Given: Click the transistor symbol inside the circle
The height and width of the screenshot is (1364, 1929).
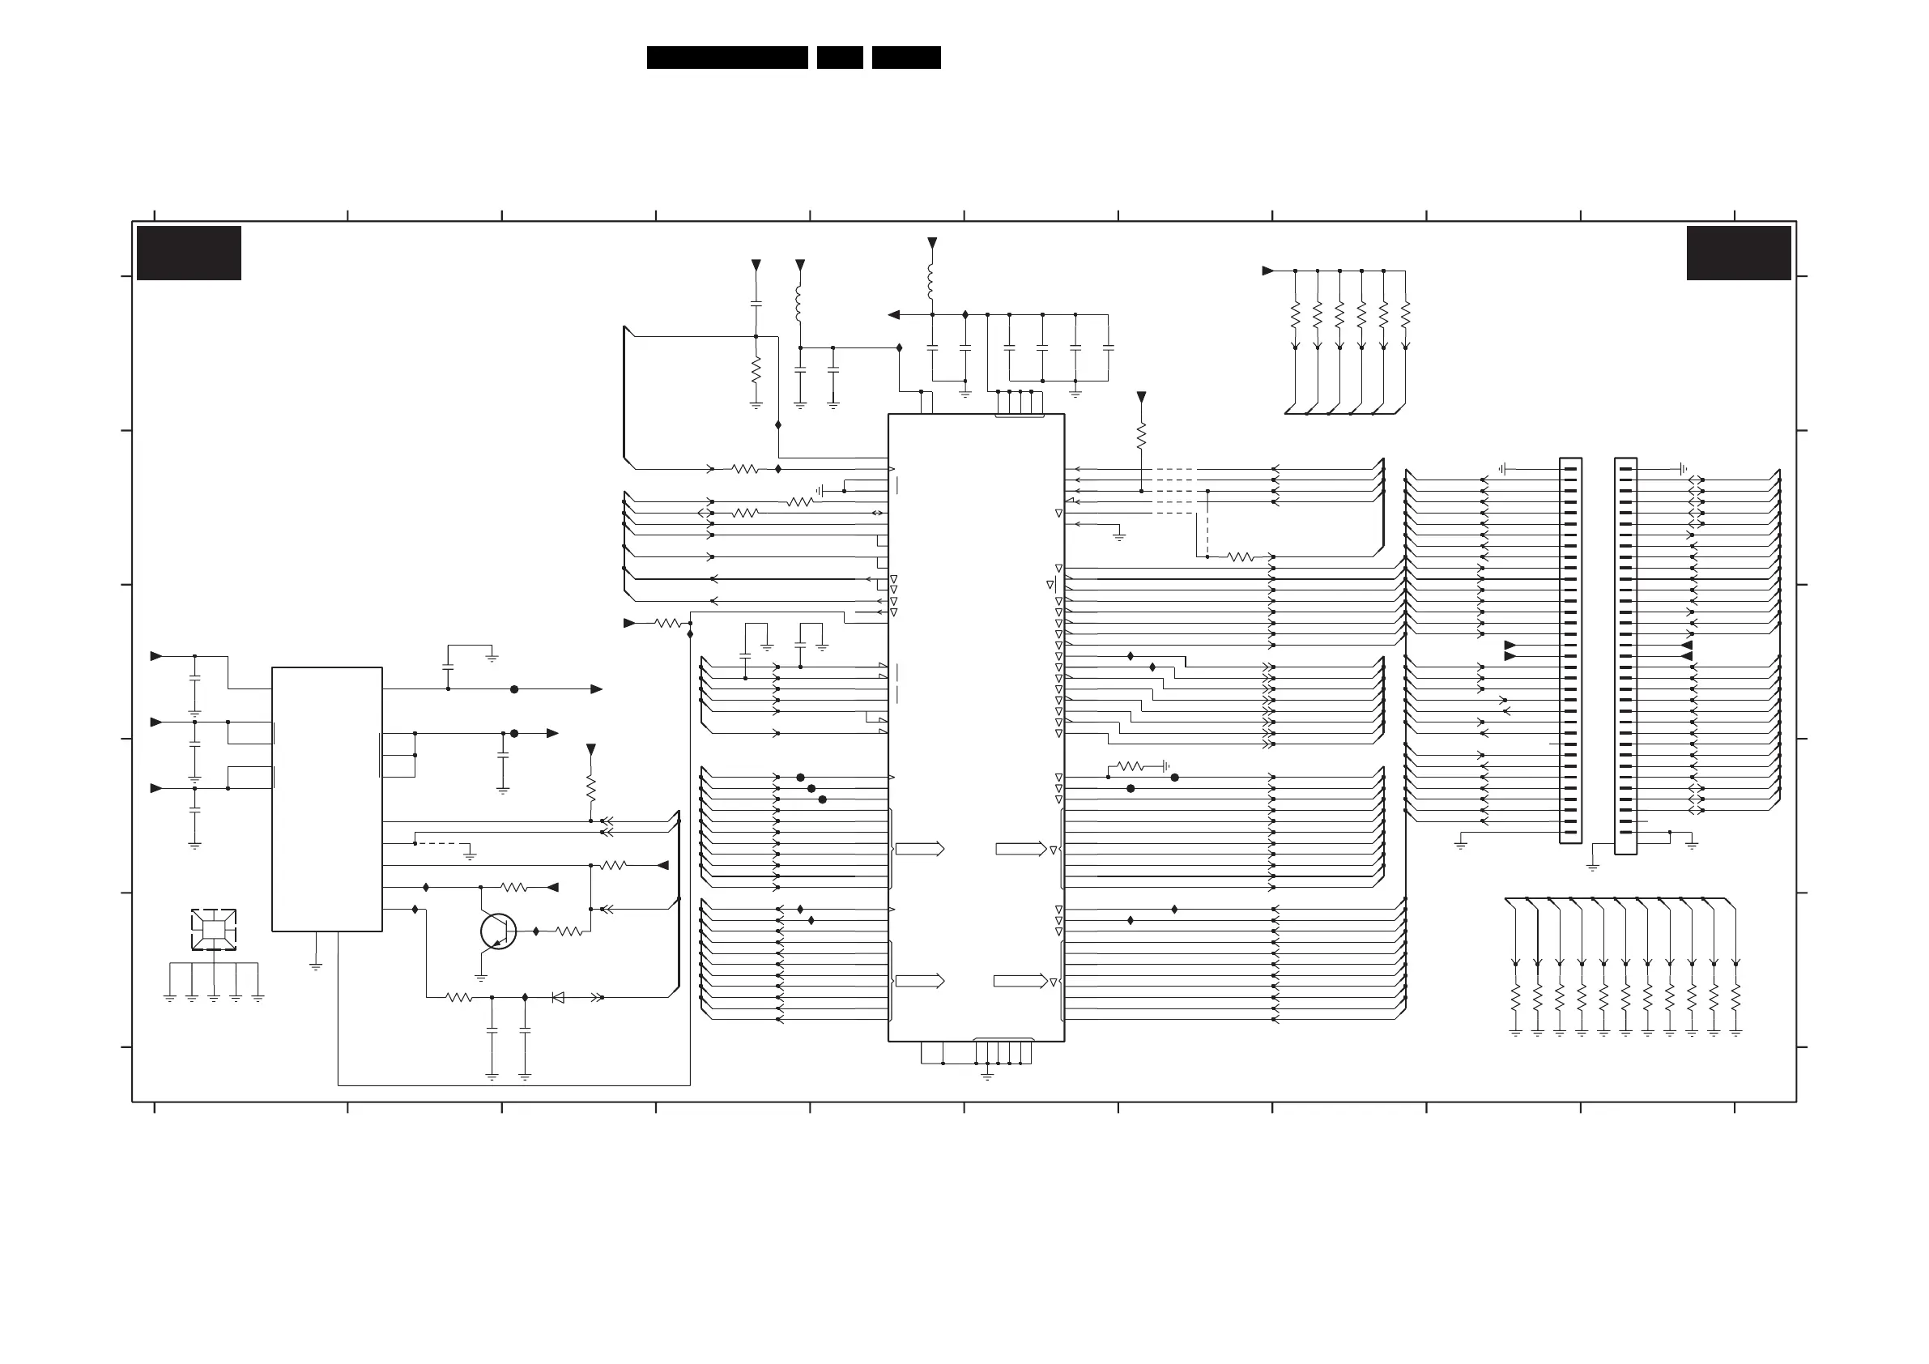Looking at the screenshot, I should (498, 931).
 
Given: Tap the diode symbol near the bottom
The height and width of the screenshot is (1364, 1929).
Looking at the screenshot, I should (558, 998).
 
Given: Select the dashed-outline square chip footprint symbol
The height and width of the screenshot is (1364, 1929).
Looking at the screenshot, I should (214, 930).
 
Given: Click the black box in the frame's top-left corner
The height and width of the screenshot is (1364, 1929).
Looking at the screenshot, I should (189, 253).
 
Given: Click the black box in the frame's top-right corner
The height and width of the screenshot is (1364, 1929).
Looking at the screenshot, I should (1738, 253).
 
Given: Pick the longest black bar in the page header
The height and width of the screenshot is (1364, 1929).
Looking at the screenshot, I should (726, 58).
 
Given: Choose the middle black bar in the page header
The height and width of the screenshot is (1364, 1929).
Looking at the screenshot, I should (839, 58).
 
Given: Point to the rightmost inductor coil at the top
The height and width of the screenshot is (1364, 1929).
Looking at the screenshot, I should (932, 283).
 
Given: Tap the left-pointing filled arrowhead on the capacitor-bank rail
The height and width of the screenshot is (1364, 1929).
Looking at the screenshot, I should (894, 315).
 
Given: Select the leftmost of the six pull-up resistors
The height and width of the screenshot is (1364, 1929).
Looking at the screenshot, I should (1296, 315).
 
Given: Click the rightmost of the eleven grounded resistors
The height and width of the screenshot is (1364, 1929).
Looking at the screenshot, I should (1735, 999).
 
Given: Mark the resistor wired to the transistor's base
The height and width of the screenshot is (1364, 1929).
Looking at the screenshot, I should (568, 931).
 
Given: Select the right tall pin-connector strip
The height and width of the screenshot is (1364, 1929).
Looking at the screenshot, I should (1625, 655).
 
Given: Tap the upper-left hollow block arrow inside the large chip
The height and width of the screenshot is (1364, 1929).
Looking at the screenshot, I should (920, 849).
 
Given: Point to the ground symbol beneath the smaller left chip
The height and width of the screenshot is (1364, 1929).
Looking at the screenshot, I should (316, 966).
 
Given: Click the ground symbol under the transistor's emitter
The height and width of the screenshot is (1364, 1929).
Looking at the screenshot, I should (481, 978).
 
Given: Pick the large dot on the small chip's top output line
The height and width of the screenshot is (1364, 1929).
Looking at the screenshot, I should (514, 689).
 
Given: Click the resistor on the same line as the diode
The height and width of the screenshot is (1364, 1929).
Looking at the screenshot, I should (458, 998).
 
